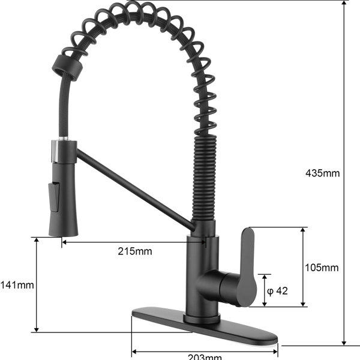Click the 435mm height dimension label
322,173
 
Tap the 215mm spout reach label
135,251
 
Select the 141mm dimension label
17,285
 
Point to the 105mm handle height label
322,268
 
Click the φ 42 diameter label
277,291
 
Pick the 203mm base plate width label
205,357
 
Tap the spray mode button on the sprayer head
54,197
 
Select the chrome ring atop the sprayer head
56,151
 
